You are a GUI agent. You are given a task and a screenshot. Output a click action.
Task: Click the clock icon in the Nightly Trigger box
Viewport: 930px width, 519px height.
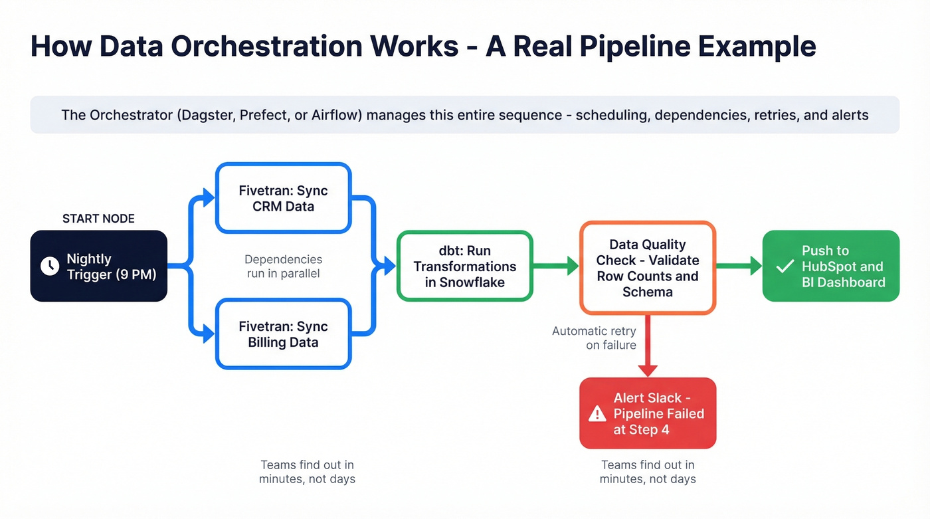click(50, 266)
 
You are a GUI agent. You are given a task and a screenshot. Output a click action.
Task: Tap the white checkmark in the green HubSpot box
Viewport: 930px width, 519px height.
click(785, 266)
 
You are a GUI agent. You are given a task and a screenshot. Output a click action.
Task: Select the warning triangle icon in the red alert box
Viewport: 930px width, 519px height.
click(597, 414)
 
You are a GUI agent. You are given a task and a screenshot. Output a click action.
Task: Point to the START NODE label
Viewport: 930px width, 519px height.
click(98, 219)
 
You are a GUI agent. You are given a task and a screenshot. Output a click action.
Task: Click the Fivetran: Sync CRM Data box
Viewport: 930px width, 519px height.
click(283, 198)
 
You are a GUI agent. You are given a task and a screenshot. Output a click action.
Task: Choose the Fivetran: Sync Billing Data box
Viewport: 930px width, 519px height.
click(283, 334)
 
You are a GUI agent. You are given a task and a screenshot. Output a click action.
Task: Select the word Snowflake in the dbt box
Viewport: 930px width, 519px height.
click(472, 282)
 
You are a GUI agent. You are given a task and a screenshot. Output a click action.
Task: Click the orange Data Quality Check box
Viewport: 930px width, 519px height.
click(647, 268)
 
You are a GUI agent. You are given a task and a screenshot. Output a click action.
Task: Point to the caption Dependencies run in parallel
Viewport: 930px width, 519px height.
click(283, 266)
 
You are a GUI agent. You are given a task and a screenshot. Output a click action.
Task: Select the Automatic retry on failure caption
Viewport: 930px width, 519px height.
click(594, 338)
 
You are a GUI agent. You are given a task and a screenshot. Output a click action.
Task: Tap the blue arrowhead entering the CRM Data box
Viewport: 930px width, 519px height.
click(209, 197)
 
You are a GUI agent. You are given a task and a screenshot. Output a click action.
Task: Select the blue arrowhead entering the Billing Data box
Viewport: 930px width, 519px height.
click(209, 334)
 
